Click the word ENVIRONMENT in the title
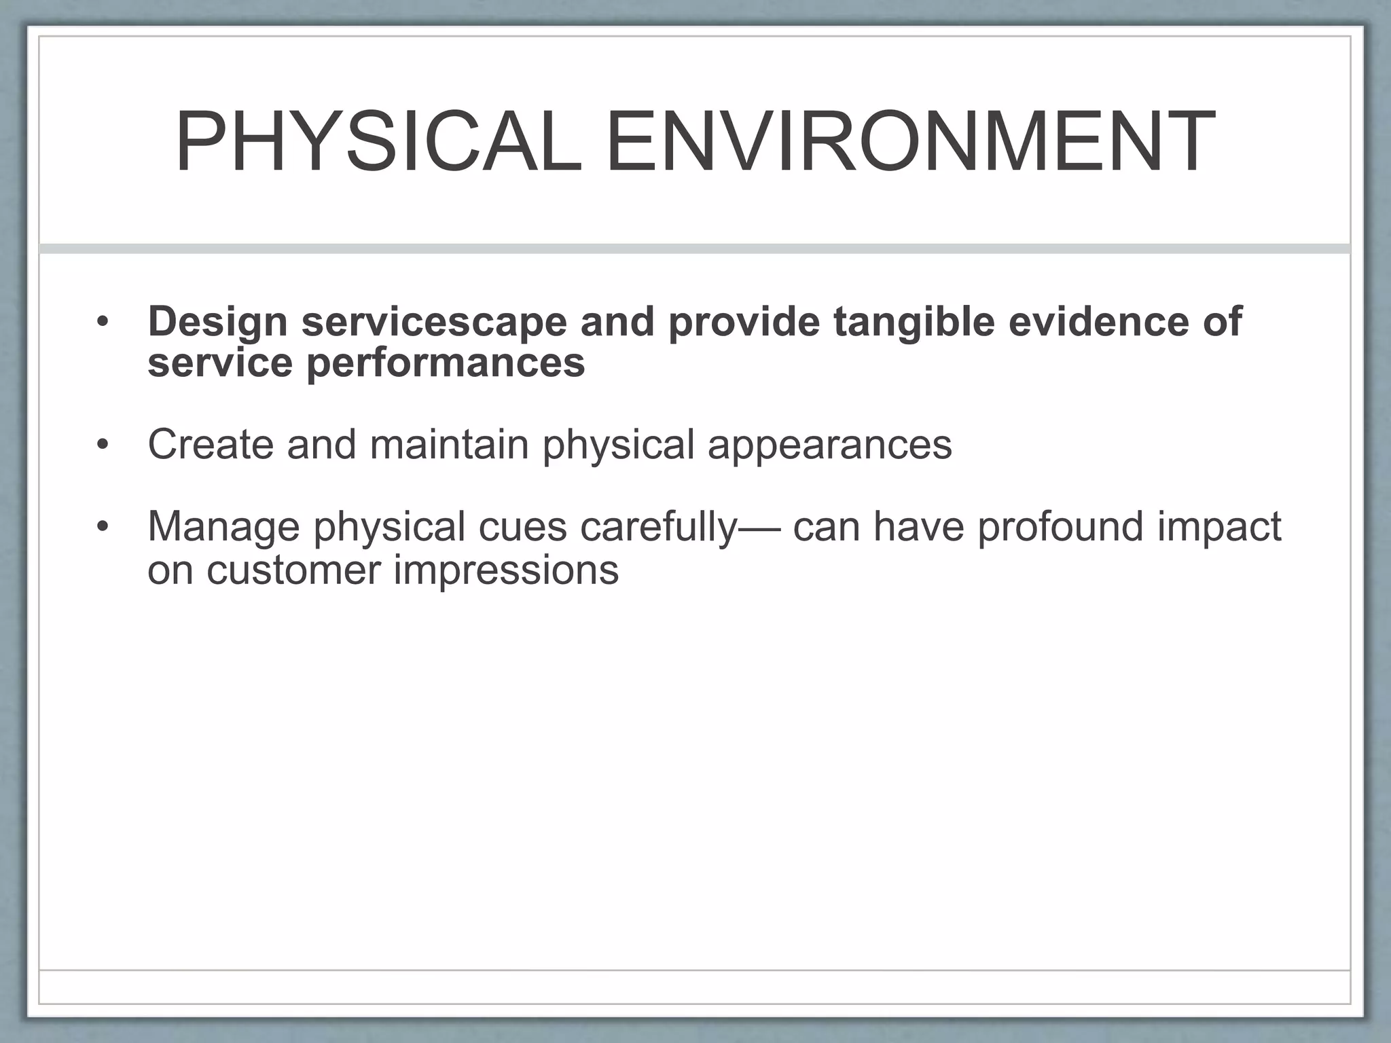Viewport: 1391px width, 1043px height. click(x=909, y=143)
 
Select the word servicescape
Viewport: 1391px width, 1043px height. click(x=434, y=321)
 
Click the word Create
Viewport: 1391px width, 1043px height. click(x=211, y=444)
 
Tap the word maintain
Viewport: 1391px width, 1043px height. click(x=449, y=444)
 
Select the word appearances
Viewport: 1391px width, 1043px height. click(x=829, y=444)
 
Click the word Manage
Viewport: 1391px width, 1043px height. click(x=223, y=527)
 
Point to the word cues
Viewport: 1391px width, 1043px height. click(x=522, y=527)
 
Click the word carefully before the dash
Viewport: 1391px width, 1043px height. click(x=658, y=527)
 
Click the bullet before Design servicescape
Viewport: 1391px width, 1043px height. click(x=103, y=322)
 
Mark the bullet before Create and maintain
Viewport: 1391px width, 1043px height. click(x=103, y=445)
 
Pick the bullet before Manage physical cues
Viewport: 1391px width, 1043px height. click(x=103, y=528)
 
